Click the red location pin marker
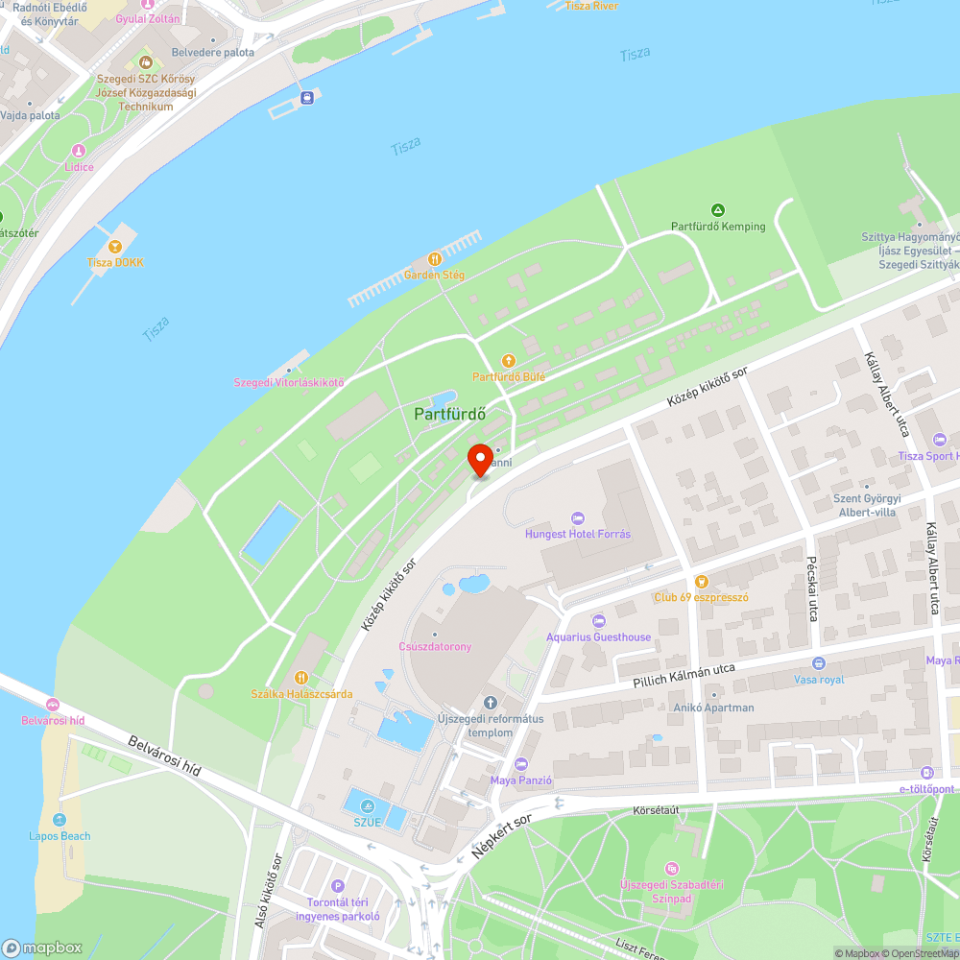tap(479, 459)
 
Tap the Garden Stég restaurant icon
tap(434, 259)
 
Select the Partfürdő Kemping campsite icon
tap(717, 210)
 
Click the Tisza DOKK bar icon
tap(115, 246)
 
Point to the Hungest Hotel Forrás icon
tap(577, 518)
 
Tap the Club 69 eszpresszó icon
tap(701, 581)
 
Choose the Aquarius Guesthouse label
tap(598, 636)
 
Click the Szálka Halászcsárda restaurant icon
tap(300, 678)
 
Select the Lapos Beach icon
tap(60, 820)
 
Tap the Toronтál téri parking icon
tap(337, 886)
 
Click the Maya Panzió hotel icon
tap(521, 764)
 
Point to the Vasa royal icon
tap(818, 663)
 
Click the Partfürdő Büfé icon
tap(509, 361)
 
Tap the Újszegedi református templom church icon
tap(492, 704)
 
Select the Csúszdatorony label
tap(435, 646)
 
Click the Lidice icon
tap(79, 151)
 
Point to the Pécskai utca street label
tap(809, 586)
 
